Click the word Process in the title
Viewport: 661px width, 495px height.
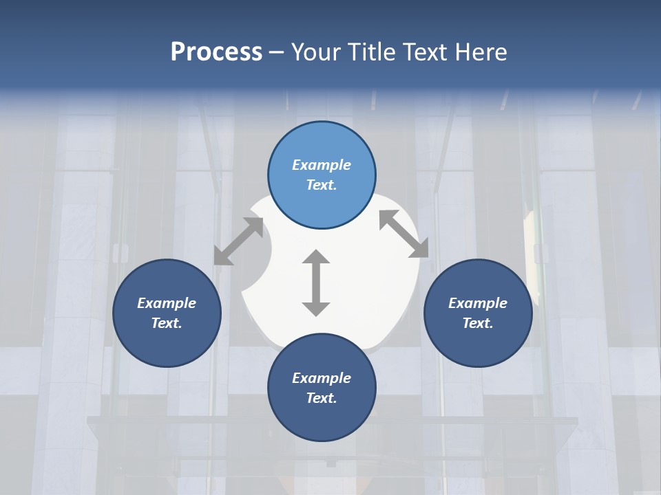tap(216, 52)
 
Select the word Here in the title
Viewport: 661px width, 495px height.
tap(481, 52)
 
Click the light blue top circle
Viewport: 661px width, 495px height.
tap(322, 175)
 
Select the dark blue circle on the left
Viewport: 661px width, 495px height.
tap(167, 313)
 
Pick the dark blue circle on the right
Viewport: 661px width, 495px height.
tap(478, 313)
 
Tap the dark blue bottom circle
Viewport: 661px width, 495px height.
tap(322, 388)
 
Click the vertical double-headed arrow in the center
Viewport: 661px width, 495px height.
tap(316, 283)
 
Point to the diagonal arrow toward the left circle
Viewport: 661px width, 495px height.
tap(238, 241)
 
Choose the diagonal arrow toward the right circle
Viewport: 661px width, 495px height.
tap(404, 234)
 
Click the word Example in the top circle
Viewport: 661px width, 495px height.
tap(322, 165)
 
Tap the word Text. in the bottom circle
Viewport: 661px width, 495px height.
tap(322, 398)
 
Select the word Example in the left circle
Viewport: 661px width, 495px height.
tap(167, 303)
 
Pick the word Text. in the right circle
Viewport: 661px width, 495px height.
tap(478, 323)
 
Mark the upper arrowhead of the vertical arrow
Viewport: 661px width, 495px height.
tap(316, 258)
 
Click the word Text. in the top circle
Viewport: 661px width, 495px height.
tap(322, 186)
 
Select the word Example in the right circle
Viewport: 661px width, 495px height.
tap(478, 303)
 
